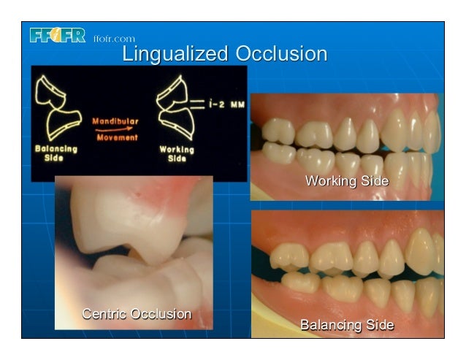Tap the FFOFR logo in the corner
(58, 36)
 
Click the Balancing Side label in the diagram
(56, 154)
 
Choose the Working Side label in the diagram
(177, 154)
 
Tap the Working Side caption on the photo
(347, 180)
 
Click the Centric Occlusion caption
(137, 314)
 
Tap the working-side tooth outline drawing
(175, 110)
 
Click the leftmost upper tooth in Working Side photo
(278, 131)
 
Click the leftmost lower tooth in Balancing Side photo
(299, 282)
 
